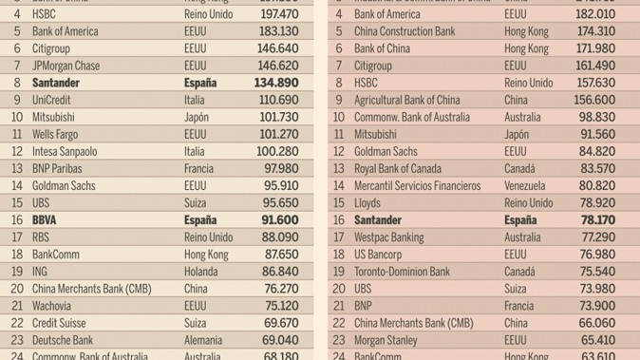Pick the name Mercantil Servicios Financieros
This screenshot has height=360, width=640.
click(x=417, y=186)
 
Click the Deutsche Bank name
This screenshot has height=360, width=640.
click(x=63, y=340)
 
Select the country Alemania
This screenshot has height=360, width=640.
click(x=206, y=340)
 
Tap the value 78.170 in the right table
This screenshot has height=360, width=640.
click(x=593, y=220)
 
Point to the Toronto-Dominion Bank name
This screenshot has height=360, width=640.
click(x=402, y=272)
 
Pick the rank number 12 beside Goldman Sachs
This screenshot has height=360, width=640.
click(x=338, y=152)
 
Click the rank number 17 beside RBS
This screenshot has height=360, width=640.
click(x=16, y=237)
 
